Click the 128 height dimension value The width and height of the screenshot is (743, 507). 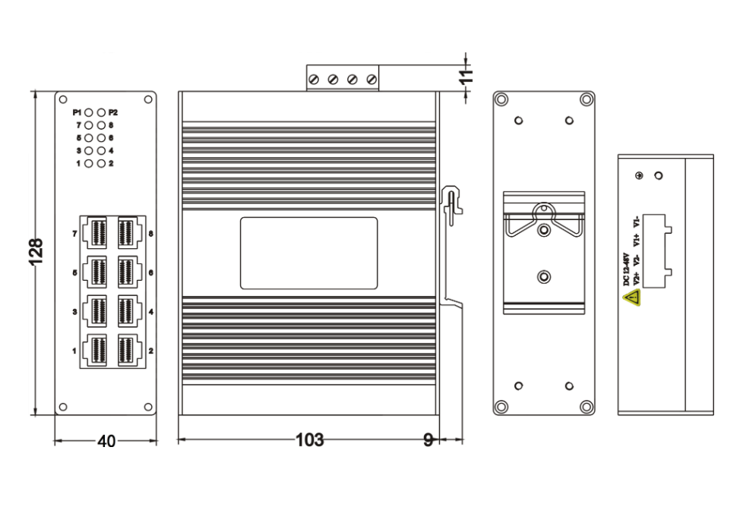pyautogui.click(x=36, y=251)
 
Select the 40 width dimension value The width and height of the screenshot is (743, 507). pyautogui.click(x=106, y=441)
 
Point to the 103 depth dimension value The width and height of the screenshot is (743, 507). pyautogui.click(x=310, y=439)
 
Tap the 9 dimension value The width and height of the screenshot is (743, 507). pyautogui.click(x=428, y=440)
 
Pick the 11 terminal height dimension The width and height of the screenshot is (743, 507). pyautogui.click(x=466, y=76)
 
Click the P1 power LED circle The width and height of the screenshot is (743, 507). pyautogui.click(x=89, y=112)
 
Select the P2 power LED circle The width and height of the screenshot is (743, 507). pyautogui.click(x=101, y=112)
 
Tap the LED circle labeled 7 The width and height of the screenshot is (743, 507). pyautogui.click(x=89, y=125)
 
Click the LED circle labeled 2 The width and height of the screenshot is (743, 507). pyautogui.click(x=101, y=163)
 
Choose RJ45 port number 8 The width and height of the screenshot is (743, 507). pyautogui.click(x=129, y=233)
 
